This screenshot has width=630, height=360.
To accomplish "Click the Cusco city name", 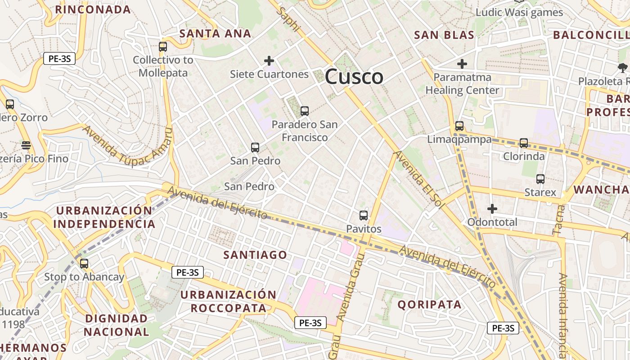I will coord(354,76).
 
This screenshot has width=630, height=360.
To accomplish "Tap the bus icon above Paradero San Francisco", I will coord(305,111).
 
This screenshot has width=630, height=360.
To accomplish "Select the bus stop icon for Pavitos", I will coord(364,216).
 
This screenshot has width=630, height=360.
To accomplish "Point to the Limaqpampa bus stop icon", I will coord(459,126).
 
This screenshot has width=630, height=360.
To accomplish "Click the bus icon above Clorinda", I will coord(524,143).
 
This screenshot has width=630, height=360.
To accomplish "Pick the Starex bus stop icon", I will coord(540,179).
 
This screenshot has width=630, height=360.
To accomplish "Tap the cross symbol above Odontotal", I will coord(492,209).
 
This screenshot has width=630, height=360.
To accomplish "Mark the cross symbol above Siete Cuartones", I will coord(269,61).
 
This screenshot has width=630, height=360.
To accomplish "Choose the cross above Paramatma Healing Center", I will coord(462,64).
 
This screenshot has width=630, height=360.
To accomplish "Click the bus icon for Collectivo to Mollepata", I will coord(163,46).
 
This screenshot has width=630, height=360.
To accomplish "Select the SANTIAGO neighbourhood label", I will coord(255,255).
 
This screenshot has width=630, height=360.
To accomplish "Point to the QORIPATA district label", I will coord(429,305).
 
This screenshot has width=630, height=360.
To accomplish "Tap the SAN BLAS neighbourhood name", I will coord(444,35).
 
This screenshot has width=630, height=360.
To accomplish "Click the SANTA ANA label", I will coord(215,34).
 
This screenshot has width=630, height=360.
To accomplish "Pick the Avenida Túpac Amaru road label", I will coord(127,145).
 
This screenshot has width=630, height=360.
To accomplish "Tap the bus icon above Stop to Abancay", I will coord(84,264).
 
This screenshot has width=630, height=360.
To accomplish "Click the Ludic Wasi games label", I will coord(519,12).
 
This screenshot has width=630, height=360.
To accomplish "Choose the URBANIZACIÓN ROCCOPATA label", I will coord(228,301).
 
